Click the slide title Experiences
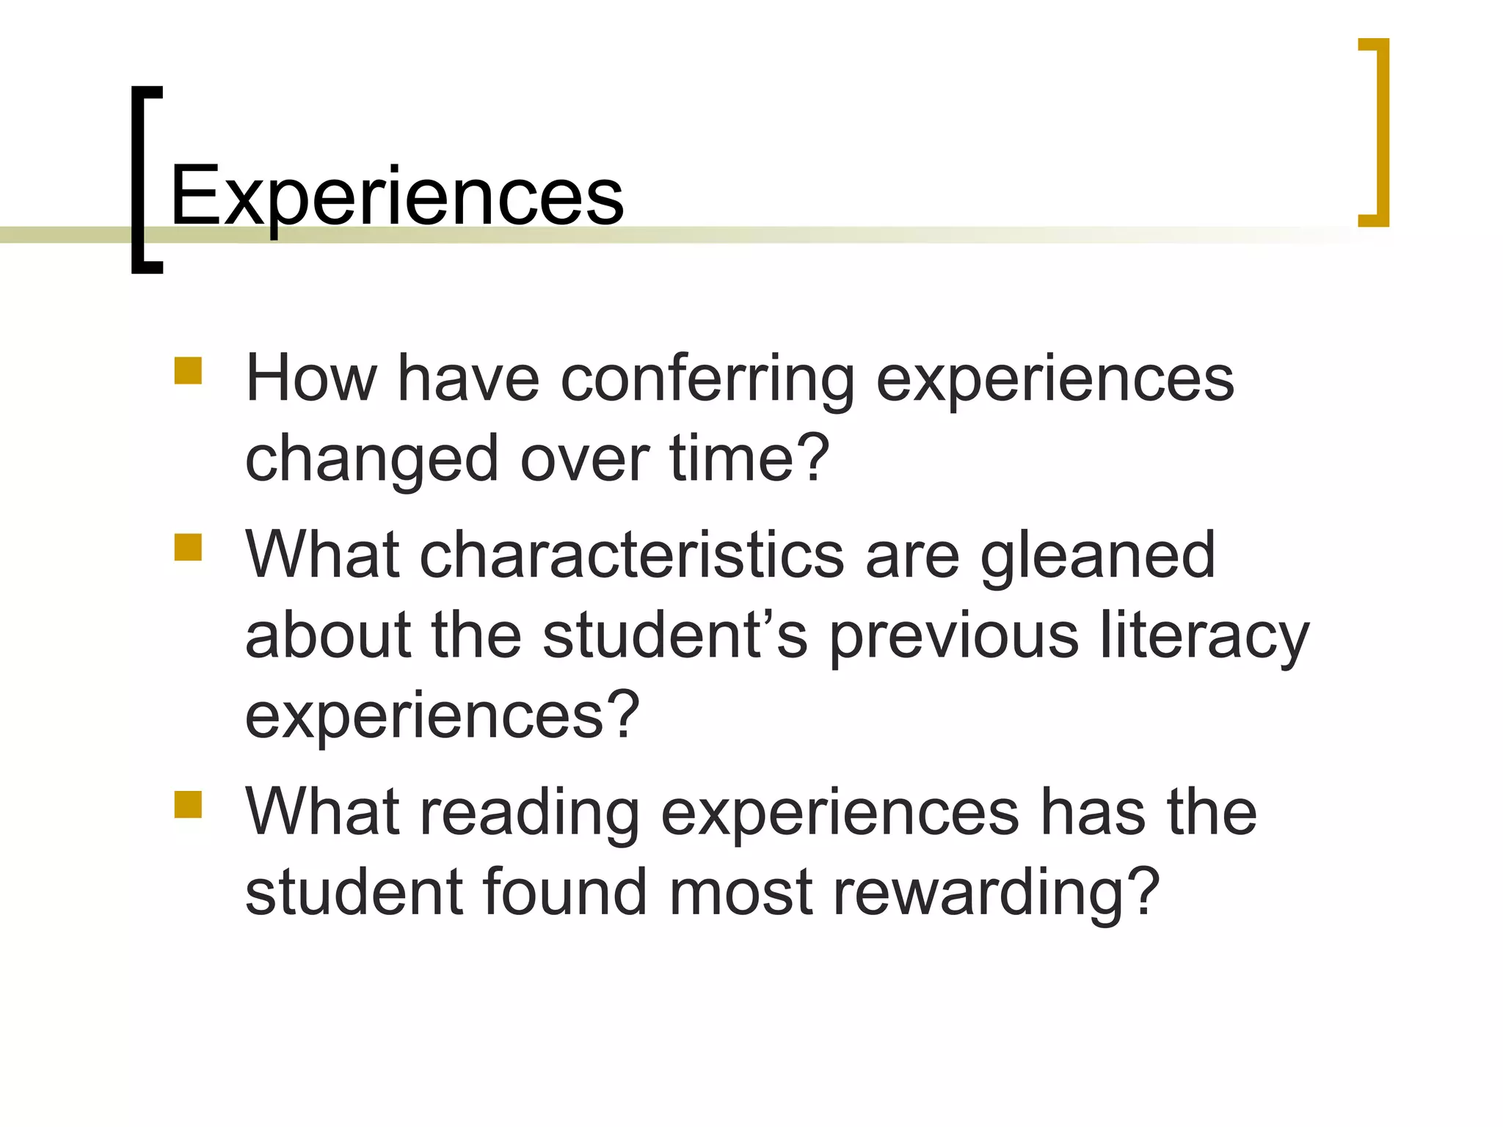[x=396, y=196]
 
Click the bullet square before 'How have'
[x=188, y=371]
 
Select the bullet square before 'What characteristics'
[x=188, y=547]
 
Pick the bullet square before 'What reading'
[x=188, y=803]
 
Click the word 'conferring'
[x=707, y=380]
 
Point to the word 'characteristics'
[x=632, y=555]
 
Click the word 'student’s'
[x=675, y=635]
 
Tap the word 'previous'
[x=954, y=636]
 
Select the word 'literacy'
[x=1204, y=636]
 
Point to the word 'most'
[x=740, y=893]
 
